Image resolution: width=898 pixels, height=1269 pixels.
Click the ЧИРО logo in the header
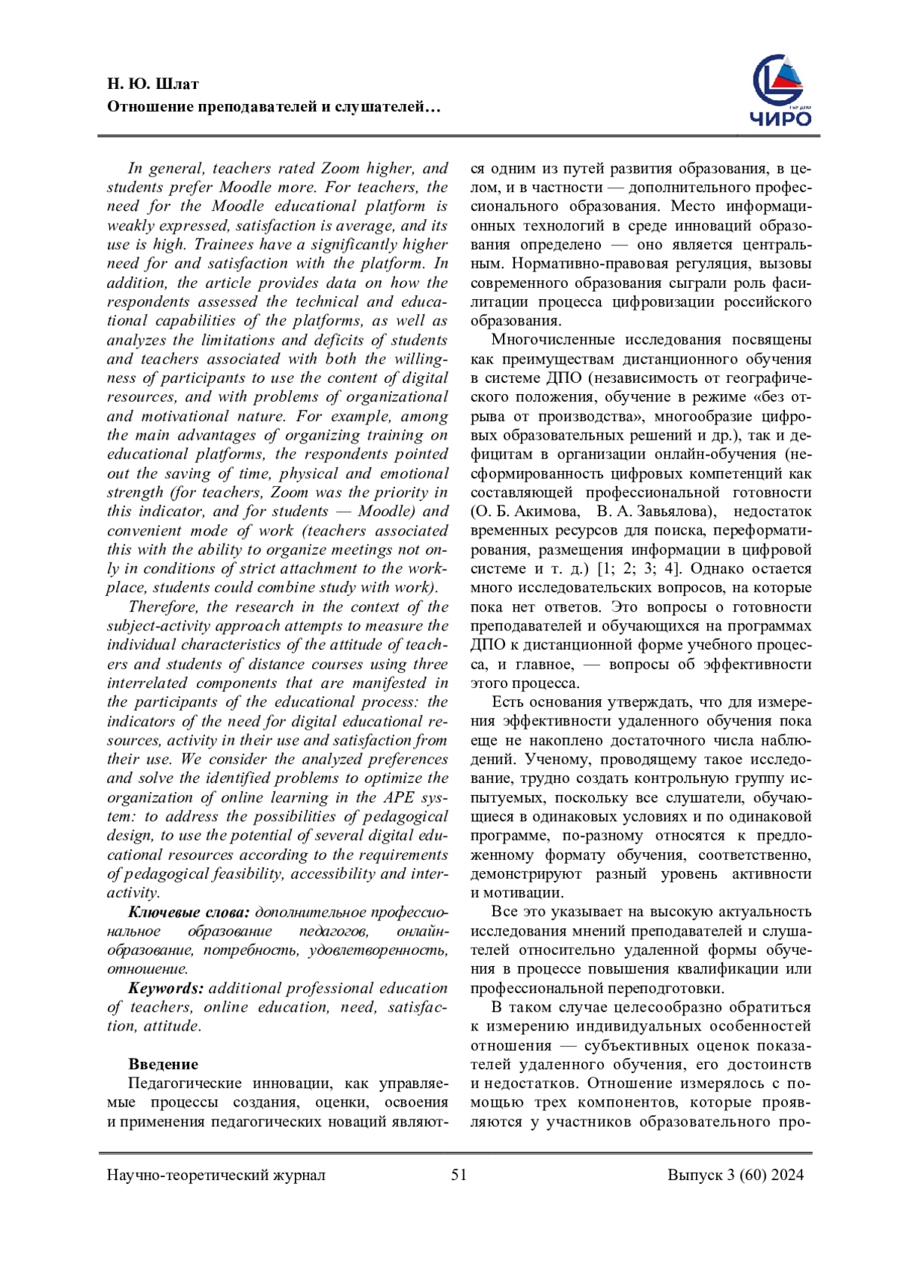[781, 90]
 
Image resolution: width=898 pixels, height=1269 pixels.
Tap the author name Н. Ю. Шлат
[153, 84]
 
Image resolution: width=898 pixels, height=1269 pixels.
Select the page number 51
[459, 1175]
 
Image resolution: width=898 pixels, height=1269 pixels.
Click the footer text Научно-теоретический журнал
[216, 1175]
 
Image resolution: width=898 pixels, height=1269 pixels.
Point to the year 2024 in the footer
[787, 1175]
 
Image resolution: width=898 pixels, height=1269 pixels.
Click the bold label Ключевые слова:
[189, 912]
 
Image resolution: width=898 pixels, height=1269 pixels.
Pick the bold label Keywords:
[165, 988]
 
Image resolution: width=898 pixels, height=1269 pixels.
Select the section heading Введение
[163, 1064]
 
